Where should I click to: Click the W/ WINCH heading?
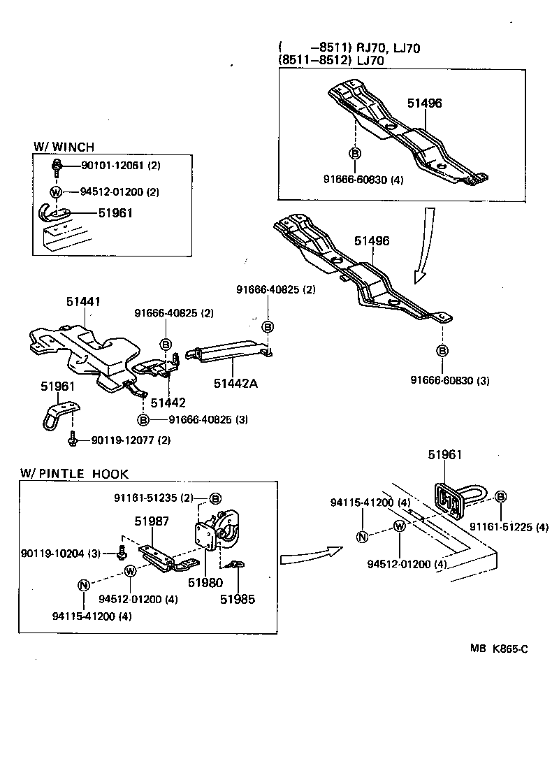tap(64, 147)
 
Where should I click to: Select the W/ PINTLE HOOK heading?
tap(73, 474)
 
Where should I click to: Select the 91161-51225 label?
tap(509, 527)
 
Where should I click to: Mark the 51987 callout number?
tap(152, 521)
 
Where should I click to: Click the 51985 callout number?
tap(238, 599)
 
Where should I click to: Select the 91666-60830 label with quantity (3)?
tap(451, 381)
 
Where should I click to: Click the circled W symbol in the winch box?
tap(56, 192)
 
